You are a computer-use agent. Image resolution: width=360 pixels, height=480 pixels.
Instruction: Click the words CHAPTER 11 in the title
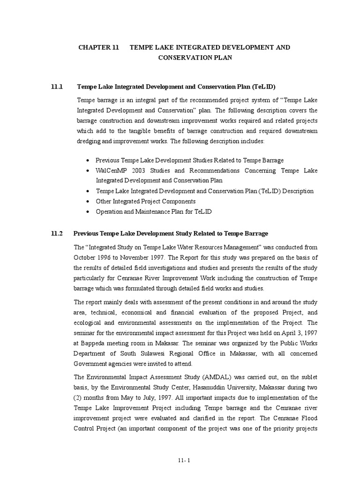click(x=98, y=47)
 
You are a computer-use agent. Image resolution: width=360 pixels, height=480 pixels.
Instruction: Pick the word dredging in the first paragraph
click(x=88, y=141)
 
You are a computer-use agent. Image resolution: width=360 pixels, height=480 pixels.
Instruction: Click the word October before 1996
click(x=85, y=257)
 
